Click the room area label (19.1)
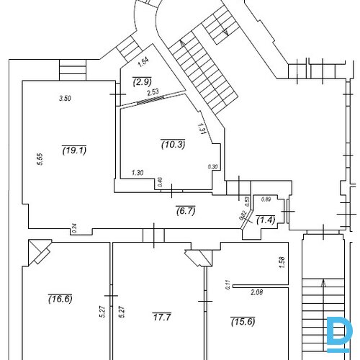(74, 150)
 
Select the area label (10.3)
(174, 145)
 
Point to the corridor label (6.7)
(186, 210)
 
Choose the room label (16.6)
(60, 298)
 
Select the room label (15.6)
(243, 320)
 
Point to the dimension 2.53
(152, 92)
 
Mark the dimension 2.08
(256, 292)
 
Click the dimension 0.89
(266, 199)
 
